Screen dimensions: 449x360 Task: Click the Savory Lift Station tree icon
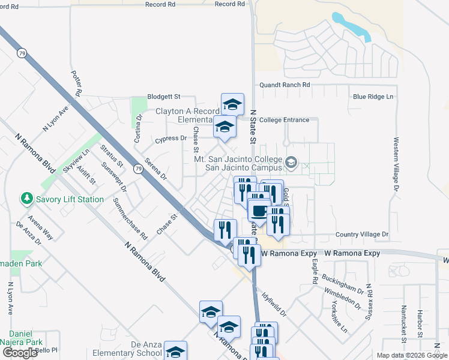click(26, 199)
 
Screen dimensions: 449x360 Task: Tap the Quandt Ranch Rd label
click(285, 85)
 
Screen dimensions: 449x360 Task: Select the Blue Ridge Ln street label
click(373, 97)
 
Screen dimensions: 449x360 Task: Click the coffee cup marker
click(259, 211)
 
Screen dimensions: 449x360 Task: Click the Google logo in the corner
click(20, 353)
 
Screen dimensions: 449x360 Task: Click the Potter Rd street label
click(76, 83)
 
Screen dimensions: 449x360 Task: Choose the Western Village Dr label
click(396, 164)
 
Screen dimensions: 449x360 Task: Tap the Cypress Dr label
click(171, 138)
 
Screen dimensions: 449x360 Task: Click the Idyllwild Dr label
click(274, 304)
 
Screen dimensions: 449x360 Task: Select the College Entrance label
click(285, 120)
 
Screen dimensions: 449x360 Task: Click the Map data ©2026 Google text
click(412, 355)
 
